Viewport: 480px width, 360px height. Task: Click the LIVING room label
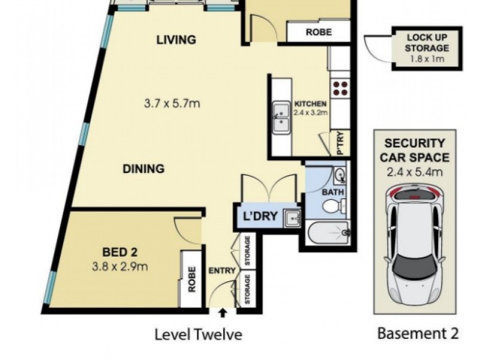[176, 40]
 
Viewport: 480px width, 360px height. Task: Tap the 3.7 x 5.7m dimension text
[172, 103]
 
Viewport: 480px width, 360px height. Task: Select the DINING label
[143, 169]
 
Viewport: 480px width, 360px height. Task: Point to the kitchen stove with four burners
[340, 88]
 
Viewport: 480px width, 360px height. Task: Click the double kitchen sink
[281, 118]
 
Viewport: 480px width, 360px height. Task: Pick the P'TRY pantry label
[340, 143]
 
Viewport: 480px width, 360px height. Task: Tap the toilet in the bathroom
[334, 206]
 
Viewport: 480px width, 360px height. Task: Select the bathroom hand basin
[340, 176]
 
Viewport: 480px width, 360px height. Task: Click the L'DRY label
[260, 216]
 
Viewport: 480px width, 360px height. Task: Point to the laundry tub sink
[293, 218]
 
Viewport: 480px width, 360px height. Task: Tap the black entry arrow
[223, 313]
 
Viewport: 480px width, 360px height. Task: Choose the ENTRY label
[222, 271]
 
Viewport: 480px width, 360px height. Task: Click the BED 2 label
[119, 252]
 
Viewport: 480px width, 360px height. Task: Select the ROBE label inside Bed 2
[191, 280]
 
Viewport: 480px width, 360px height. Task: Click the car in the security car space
[415, 245]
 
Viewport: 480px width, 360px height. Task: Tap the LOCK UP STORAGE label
[427, 43]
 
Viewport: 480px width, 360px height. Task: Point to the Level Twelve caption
[199, 334]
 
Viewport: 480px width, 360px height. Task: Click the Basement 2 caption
[418, 333]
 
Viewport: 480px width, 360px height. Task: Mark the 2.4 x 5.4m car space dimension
[415, 172]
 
